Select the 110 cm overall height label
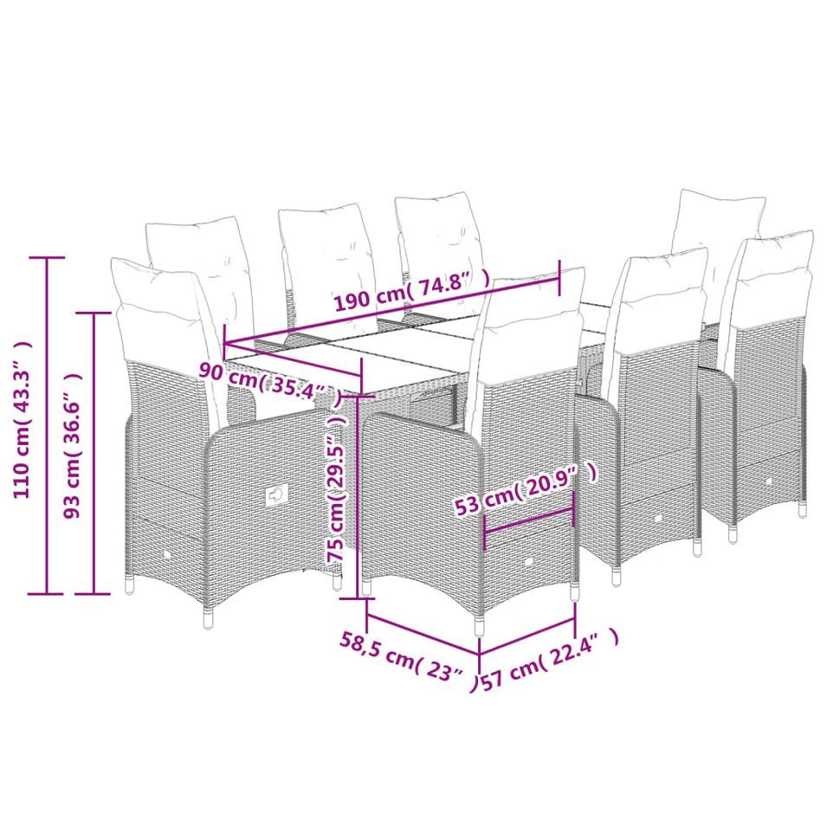point(22,420)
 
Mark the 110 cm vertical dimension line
point(48,425)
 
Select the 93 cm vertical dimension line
point(94,453)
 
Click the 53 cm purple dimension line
point(528,520)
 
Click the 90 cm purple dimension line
point(294,359)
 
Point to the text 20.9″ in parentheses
point(560,482)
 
